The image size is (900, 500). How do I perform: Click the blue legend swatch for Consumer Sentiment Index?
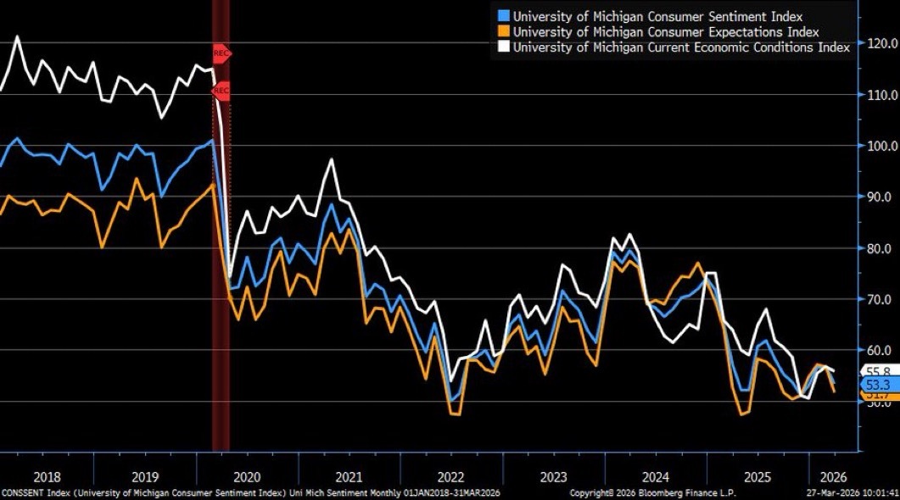click(502, 16)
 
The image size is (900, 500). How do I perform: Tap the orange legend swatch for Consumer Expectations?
click(502, 31)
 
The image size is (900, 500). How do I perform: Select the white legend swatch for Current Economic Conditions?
click(502, 47)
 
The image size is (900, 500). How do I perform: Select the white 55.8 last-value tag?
click(875, 371)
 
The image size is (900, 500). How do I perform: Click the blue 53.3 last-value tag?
click(875, 385)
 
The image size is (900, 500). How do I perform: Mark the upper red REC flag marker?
click(221, 53)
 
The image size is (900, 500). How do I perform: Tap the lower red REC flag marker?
click(221, 90)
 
